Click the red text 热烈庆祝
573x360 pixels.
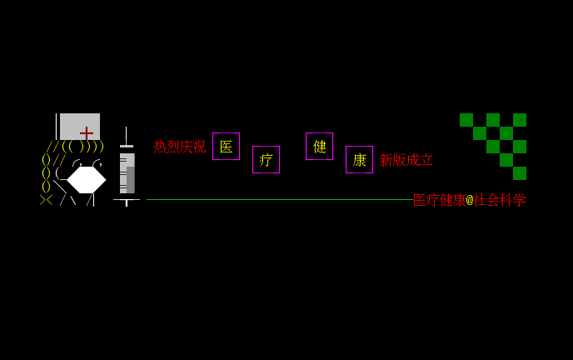(180, 147)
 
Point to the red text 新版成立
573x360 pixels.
(406, 160)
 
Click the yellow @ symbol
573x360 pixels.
(470, 200)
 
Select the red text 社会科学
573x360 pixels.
(500, 200)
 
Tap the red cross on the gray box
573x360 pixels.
(87, 133)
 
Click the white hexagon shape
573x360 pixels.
(87, 180)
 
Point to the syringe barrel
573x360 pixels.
(127, 172)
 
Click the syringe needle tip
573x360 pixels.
(126, 127)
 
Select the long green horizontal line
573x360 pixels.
(280, 199)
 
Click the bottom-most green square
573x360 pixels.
(520, 173)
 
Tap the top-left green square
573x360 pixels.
(466, 120)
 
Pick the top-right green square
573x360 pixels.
(520, 120)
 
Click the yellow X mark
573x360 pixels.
(47, 200)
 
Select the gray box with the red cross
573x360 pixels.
(80, 127)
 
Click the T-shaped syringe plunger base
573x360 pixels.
(127, 202)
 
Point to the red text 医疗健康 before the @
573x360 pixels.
(440, 200)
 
